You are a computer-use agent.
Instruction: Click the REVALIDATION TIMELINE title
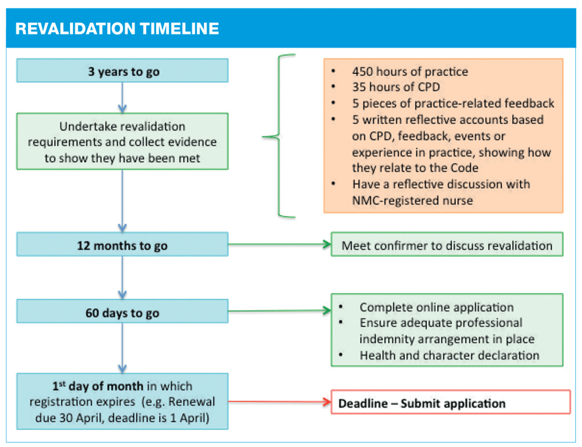point(117,29)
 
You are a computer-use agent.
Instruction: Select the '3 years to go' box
point(122,71)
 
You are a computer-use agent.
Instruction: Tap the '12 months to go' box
point(122,244)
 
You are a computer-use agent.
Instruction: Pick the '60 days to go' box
point(122,311)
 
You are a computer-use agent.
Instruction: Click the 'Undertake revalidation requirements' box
point(122,141)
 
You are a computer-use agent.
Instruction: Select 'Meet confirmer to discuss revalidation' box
point(447,244)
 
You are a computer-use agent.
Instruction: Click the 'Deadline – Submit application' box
point(451,402)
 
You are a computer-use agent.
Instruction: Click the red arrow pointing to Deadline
point(279,402)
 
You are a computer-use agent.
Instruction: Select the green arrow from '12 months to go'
point(279,244)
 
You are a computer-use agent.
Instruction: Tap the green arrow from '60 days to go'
point(279,311)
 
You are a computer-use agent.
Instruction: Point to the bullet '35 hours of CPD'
point(396,87)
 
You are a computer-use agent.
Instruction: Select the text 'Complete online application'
point(436,307)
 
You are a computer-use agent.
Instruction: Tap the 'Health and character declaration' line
point(450,355)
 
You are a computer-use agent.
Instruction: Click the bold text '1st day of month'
point(98,386)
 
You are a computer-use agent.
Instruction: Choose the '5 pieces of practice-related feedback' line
point(453,104)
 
